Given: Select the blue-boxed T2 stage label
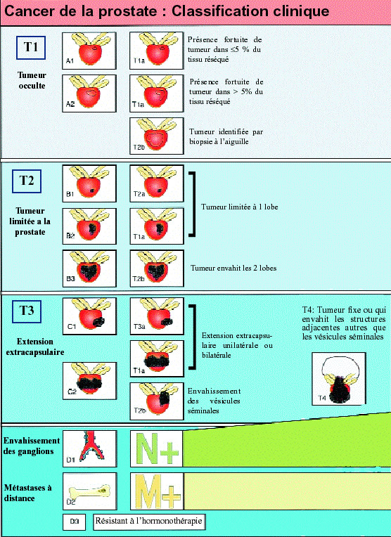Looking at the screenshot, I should (x=27, y=181).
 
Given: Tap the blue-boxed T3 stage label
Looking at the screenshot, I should (x=27, y=311).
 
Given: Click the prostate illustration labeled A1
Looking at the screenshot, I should (x=88, y=50).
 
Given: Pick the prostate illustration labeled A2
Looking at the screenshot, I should (x=88, y=92).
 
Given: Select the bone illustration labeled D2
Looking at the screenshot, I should (x=88, y=489).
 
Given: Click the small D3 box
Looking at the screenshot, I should (x=75, y=522).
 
